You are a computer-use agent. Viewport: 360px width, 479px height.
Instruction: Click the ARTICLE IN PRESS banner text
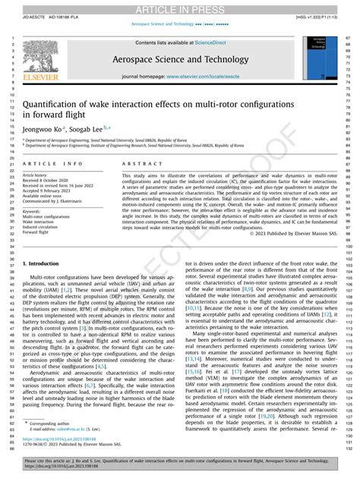tap(179, 8)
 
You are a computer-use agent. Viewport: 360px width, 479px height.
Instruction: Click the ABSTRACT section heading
tap(137, 163)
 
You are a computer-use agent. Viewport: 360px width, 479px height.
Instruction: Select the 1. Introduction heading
tap(46, 263)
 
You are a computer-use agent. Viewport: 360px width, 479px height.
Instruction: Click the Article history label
tap(39, 173)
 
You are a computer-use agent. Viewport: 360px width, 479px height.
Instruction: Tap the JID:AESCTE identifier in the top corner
tap(27, 14)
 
